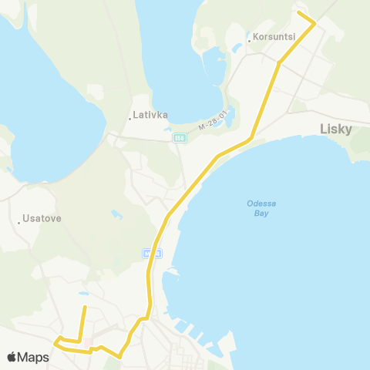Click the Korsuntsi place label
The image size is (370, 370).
tap(270, 35)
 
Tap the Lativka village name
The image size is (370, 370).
tap(150, 117)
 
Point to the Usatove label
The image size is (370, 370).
tap(42, 218)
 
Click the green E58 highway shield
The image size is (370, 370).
tap(179, 138)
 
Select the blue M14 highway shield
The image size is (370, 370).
tap(151, 253)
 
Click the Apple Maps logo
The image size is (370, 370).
tap(28, 357)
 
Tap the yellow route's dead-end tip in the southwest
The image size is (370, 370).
tap(84, 308)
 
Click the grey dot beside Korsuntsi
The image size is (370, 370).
tap(249, 35)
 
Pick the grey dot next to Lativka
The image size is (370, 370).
tap(129, 118)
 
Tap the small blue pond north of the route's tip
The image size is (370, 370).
tap(83, 294)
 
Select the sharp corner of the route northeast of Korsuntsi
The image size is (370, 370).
tap(314, 24)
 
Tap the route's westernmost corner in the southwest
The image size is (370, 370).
tap(55, 340)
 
